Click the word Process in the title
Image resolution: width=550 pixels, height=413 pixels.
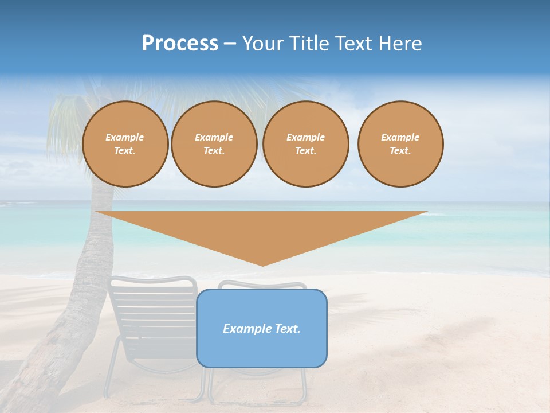180,44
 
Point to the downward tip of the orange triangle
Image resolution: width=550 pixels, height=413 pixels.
263,264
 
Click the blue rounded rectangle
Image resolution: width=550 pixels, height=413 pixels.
262,350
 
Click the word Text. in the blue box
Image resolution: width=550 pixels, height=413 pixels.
287,329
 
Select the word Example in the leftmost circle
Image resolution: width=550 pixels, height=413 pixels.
125,137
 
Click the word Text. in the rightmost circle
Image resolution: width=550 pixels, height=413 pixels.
400,150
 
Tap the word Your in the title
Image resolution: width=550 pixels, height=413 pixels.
264,44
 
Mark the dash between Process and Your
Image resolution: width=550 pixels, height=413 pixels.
230,44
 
